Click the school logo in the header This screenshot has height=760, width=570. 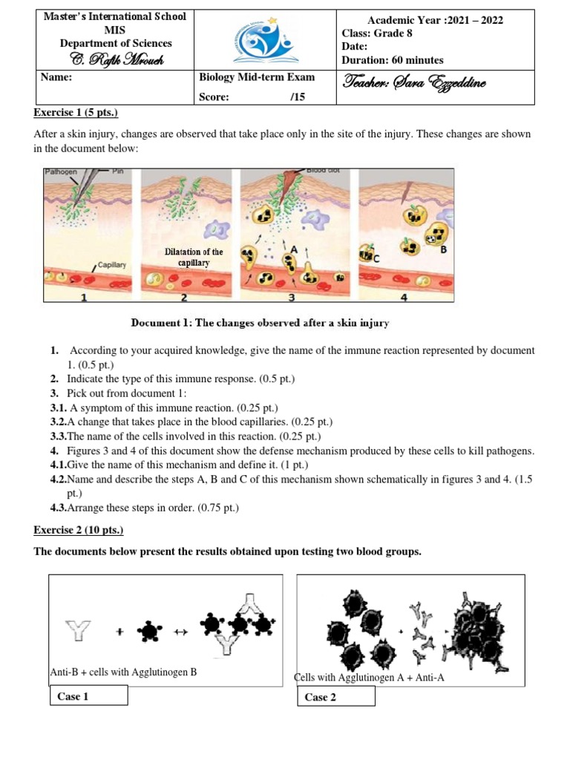(x=265, y=40)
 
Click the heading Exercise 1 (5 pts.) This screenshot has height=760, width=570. (x=76, y=112)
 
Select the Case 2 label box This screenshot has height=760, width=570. (x=335, y=696)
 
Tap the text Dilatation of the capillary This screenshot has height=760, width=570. (x=193, y=258)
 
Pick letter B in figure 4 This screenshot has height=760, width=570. (x=444, y=250)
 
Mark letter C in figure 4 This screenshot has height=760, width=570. (x=377, y=258)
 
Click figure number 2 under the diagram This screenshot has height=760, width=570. (x=184, y=298)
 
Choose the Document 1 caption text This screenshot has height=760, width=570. (x=260, y=323)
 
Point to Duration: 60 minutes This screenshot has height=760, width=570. (x=392, y=60)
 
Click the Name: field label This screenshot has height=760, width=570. (x=58, y=77)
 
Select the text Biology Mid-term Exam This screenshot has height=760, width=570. (x=257, y=77)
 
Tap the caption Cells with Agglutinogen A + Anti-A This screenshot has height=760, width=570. (x=369, y=677)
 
